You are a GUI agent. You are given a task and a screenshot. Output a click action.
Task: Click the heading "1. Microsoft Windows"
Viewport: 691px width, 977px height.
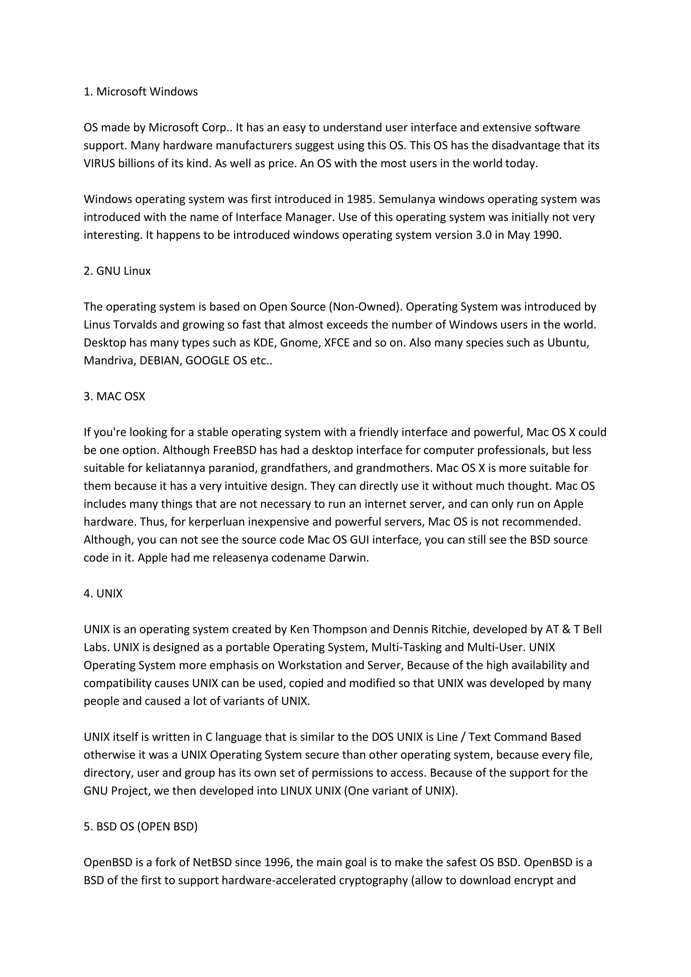(x=140, y=92)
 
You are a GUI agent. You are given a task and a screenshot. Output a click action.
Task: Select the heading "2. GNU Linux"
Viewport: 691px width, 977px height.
(x=117, y=271)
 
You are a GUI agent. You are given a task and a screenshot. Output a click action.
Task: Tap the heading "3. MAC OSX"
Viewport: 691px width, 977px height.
(x=114, y=397)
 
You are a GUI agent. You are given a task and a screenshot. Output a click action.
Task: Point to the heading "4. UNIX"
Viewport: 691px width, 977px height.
(x=103, y=594)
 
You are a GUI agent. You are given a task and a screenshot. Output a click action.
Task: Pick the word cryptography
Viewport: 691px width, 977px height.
(x=373, y=881)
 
